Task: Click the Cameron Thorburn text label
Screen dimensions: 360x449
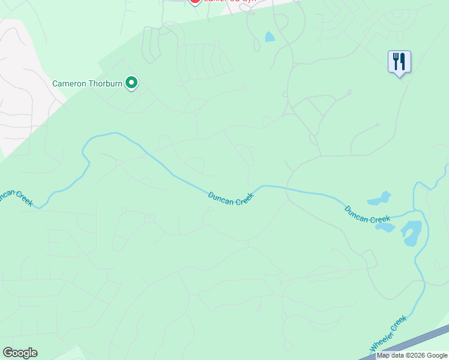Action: coord(88,83)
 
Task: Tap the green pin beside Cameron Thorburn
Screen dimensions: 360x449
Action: coord(131,83)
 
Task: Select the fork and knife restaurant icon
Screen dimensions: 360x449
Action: coord(399,62)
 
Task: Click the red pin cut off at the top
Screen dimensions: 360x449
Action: coord(194,2)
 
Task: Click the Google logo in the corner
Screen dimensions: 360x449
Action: coord(20,353)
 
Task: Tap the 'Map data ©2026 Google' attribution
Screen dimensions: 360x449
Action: coord(412,356)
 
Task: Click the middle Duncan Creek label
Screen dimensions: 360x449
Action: coord(231,199)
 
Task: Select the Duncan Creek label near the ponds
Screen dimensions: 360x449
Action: coord(367,214)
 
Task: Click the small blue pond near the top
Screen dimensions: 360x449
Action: coord(270,37)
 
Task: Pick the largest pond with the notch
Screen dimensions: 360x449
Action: coord(411,233)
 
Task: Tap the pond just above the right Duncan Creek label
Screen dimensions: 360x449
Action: coord(379,198)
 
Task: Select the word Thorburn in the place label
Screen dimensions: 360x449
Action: coord(106,83)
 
